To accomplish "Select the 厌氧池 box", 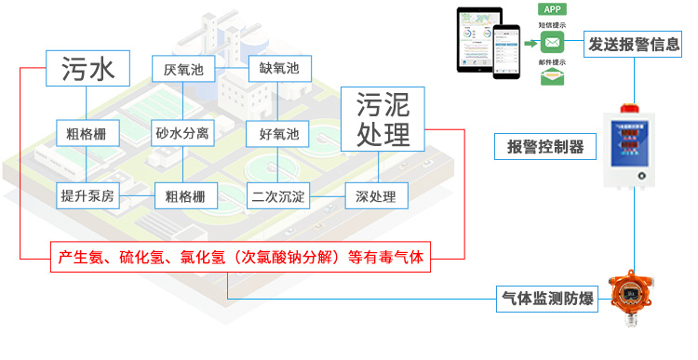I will [x=182, y=70].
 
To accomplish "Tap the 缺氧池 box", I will [x=279, y=70].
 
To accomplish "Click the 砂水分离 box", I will [x=182, y=134].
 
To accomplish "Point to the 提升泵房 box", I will [x=87, y=196].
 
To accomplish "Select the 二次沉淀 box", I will [x=279, y=196].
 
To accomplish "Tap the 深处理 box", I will [x=376, y=196].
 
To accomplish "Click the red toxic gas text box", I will [x=241, y=258].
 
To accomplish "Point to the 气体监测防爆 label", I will [x=548, y=300].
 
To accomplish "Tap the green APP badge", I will [x=553, y=9].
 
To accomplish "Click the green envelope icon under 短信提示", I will [x=553, y=43].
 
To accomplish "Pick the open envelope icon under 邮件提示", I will [x=553, y=76].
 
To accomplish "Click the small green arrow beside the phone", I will [x=530, y=42].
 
